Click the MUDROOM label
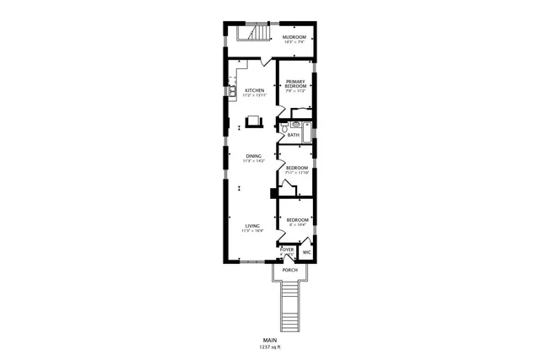click(x=294, y=37)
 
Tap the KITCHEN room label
click(x=254, y=90)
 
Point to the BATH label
click(x=293, y=135)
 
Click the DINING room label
click(x=253, y=156)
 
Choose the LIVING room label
click(x=252, y=225)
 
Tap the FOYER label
click(x=287, y=250)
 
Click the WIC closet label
click(x=307, y=251)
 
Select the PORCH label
click(x=289, y=270)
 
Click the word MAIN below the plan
click(x=270, y=340)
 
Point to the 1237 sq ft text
click(x=270, y=347)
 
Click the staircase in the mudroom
click(x=251, y=34)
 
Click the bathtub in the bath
click(x=309, y=130)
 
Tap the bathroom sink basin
click(x=294, y=123)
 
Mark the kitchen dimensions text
click(x=254, y=96)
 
